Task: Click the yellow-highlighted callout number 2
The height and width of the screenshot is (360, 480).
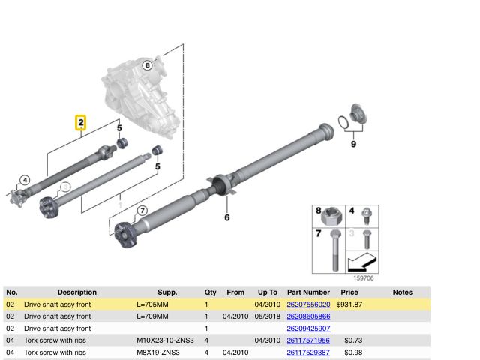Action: pyautogui.click(x=81, y=123)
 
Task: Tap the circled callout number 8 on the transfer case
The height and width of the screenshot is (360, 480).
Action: pyautogui.click(x=148, y=65)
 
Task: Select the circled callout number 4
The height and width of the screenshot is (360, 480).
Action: pyautogui.click(x=25, y=180)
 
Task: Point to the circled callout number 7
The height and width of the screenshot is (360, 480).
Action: pyautogui.click(x=142, y=211)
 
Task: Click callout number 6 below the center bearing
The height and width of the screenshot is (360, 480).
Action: pyautogui.click(x=226, y=217)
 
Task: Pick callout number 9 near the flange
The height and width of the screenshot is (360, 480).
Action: pyautogui.click(x=353, y=144)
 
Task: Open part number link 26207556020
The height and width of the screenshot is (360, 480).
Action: pyautogui.click(x=308, y=304)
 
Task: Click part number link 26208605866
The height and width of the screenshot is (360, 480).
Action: pyautogui.click(x=308, y=316)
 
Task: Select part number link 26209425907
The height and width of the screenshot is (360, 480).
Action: pyautogui.click(x=308, y=328)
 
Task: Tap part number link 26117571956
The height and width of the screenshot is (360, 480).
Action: pyautogui.click(x=308, y=340)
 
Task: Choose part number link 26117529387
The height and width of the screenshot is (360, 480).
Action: pyautogui.click(x=308, y=352)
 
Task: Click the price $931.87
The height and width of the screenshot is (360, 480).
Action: pyautogui.click(x=349, y=304)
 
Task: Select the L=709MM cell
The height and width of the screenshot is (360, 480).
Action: pyautogui.click(x=152, y=316)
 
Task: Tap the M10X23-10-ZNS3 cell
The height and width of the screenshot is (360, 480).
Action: pyautogui.click(x=165, y=340)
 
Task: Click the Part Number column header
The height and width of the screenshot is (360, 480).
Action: pyautogui.click(x=308, y=292)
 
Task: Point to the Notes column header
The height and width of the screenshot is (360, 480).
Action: pyautogui.click(x=403, y=292)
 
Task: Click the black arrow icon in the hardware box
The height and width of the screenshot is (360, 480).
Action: pyautogui.click(x=362, y=262)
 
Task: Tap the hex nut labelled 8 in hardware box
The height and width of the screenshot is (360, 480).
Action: pyautogui.click(x=331, y=217)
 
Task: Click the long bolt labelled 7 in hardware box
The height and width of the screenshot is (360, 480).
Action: pyautogui.click(x=335, y=250)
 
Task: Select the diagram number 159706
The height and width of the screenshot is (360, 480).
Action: pyautogui.click(x=364, y=278)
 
